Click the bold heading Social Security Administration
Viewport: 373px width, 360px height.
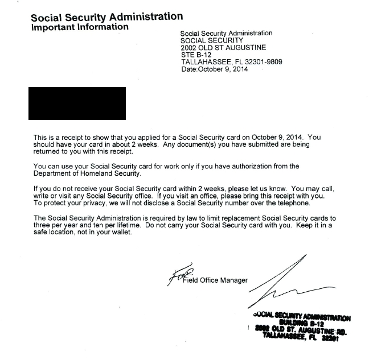(107, 17)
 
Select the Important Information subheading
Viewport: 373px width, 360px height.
(80, 27)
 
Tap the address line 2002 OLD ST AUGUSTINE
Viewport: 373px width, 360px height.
(223, 48)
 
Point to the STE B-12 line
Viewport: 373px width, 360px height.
(196, 55)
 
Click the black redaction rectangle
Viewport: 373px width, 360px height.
(77, 103)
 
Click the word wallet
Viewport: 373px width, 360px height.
(121, 232)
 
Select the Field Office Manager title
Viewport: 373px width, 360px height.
(216, 280)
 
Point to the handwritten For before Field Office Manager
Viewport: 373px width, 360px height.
(175, 277)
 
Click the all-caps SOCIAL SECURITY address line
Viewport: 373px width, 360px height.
(211, 40)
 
